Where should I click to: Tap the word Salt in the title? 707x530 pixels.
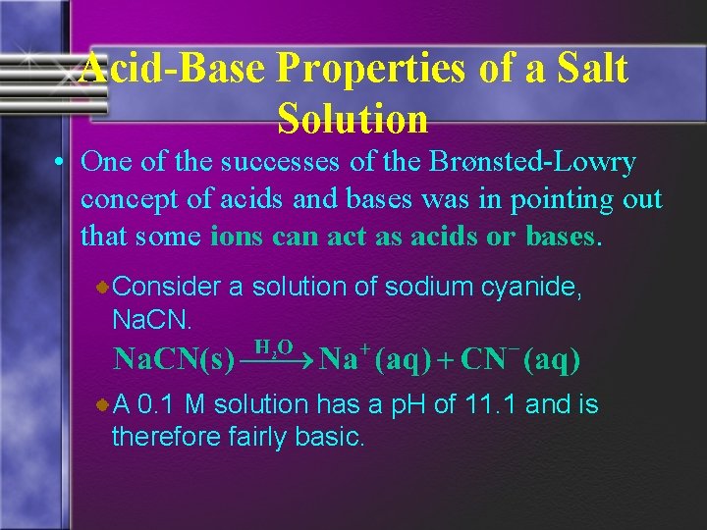pos(589,70)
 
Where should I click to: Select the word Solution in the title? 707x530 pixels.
pos(353,119)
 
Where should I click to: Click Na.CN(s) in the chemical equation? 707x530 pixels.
pos(173,360)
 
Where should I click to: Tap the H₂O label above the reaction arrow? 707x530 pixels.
pos(274,345)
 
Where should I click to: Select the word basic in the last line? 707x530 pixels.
pos(329,436)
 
